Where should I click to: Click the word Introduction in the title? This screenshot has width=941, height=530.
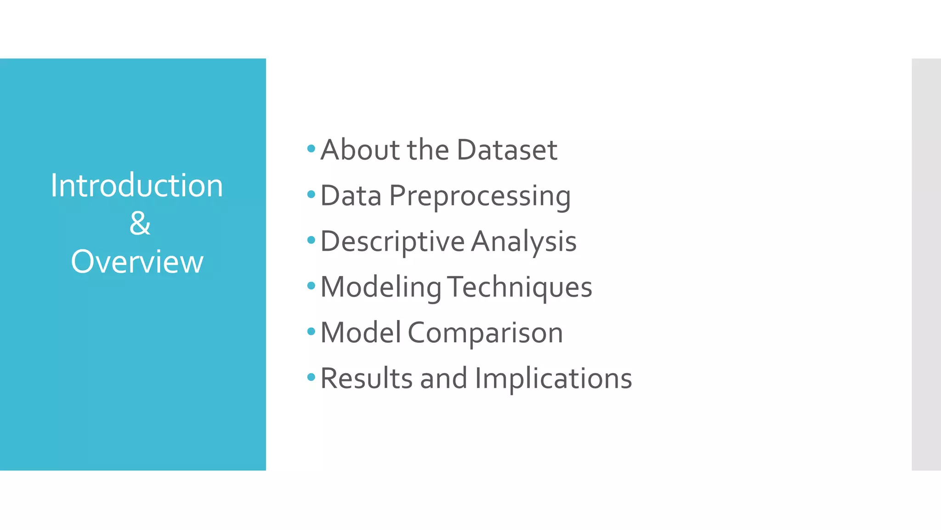point(136,186)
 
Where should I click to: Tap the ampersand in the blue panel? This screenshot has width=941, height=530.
point(140,224)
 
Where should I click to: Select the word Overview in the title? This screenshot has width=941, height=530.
point(137,262)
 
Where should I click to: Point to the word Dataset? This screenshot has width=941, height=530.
point(507,150)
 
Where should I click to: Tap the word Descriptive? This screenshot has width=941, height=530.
point(393,242)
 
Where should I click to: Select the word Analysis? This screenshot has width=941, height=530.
point(523,242)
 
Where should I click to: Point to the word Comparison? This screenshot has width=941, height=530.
point(485,333)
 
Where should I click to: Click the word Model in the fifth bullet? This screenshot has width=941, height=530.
point(361,333)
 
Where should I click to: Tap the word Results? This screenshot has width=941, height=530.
point(366,379)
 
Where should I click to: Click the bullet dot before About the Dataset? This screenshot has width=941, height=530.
point(311,149)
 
